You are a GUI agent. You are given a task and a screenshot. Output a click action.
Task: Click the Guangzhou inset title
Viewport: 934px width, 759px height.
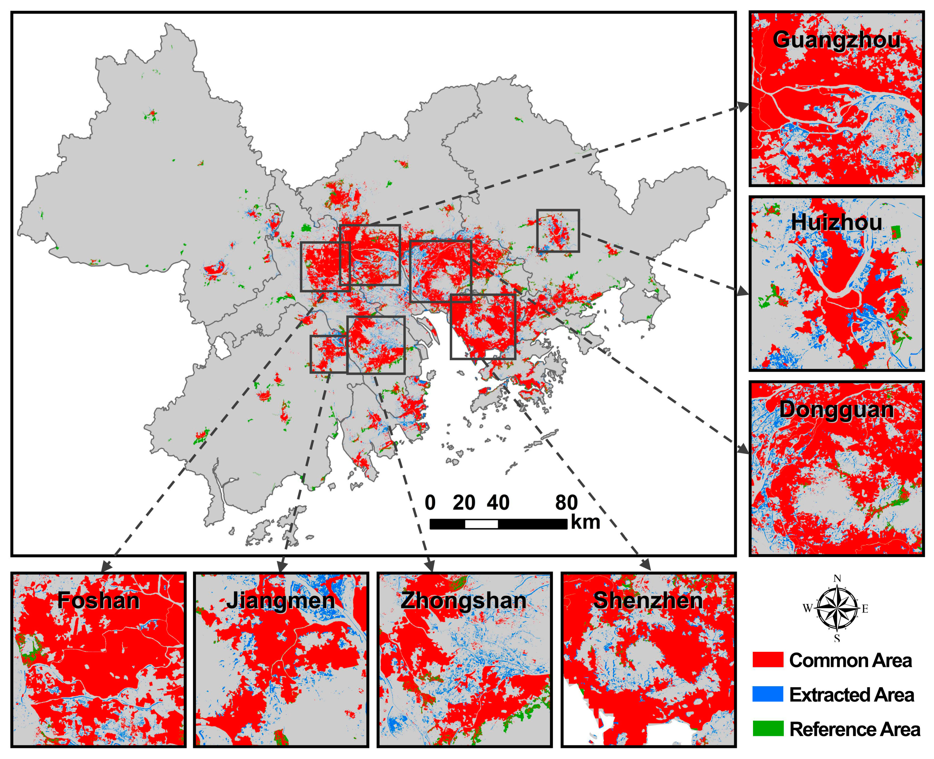point(836,40)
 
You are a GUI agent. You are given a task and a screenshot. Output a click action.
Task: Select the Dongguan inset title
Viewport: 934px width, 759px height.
point(836,410)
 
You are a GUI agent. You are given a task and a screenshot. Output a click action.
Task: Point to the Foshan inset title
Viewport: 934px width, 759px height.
point(99,600)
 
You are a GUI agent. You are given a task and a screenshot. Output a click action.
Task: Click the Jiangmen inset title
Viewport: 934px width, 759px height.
point(280,600)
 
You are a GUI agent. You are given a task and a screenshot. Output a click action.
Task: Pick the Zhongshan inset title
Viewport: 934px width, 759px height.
point(463,600)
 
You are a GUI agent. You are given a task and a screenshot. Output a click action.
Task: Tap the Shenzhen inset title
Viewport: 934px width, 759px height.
point(648,600)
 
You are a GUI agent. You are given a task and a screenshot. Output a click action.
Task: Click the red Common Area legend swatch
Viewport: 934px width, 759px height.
point(767,660)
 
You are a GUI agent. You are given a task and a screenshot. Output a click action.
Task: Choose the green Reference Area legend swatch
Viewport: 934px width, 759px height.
point(767,728)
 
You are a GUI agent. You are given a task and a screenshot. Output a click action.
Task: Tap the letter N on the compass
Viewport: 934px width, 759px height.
point(837,579)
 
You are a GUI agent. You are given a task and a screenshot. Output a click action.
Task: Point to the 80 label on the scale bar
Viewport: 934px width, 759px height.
point(566,503)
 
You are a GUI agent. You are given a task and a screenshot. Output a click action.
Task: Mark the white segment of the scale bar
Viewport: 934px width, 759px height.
point(481,524)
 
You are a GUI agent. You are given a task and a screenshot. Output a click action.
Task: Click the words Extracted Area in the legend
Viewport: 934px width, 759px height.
point(851,695)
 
